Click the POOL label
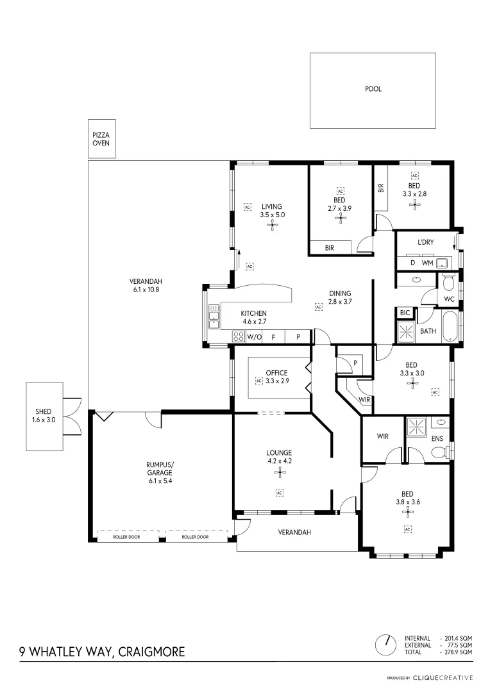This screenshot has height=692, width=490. point(373,89)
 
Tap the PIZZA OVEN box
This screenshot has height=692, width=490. point(101,139)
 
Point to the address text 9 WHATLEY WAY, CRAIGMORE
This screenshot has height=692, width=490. point(102,652)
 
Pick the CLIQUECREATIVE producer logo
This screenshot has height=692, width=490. point(442,677)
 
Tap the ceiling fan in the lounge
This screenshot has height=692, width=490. point(279,473)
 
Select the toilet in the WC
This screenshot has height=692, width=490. point(448,281)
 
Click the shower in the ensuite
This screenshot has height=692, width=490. point(416,427)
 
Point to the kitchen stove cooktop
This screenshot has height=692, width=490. point(238,336)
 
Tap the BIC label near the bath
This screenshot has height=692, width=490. point(405,313)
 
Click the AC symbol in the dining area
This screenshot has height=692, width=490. point(318,308)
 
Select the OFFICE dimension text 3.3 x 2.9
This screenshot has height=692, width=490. point(277,381)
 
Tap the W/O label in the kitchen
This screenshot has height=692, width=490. point(254,336)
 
